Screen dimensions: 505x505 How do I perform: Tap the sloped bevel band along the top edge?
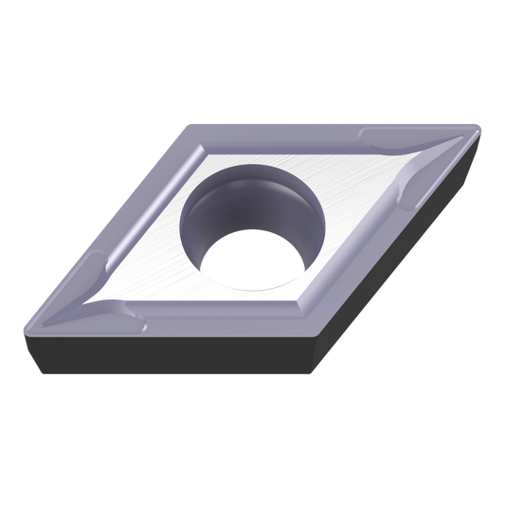pyautogui.click(x=313, y=132)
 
